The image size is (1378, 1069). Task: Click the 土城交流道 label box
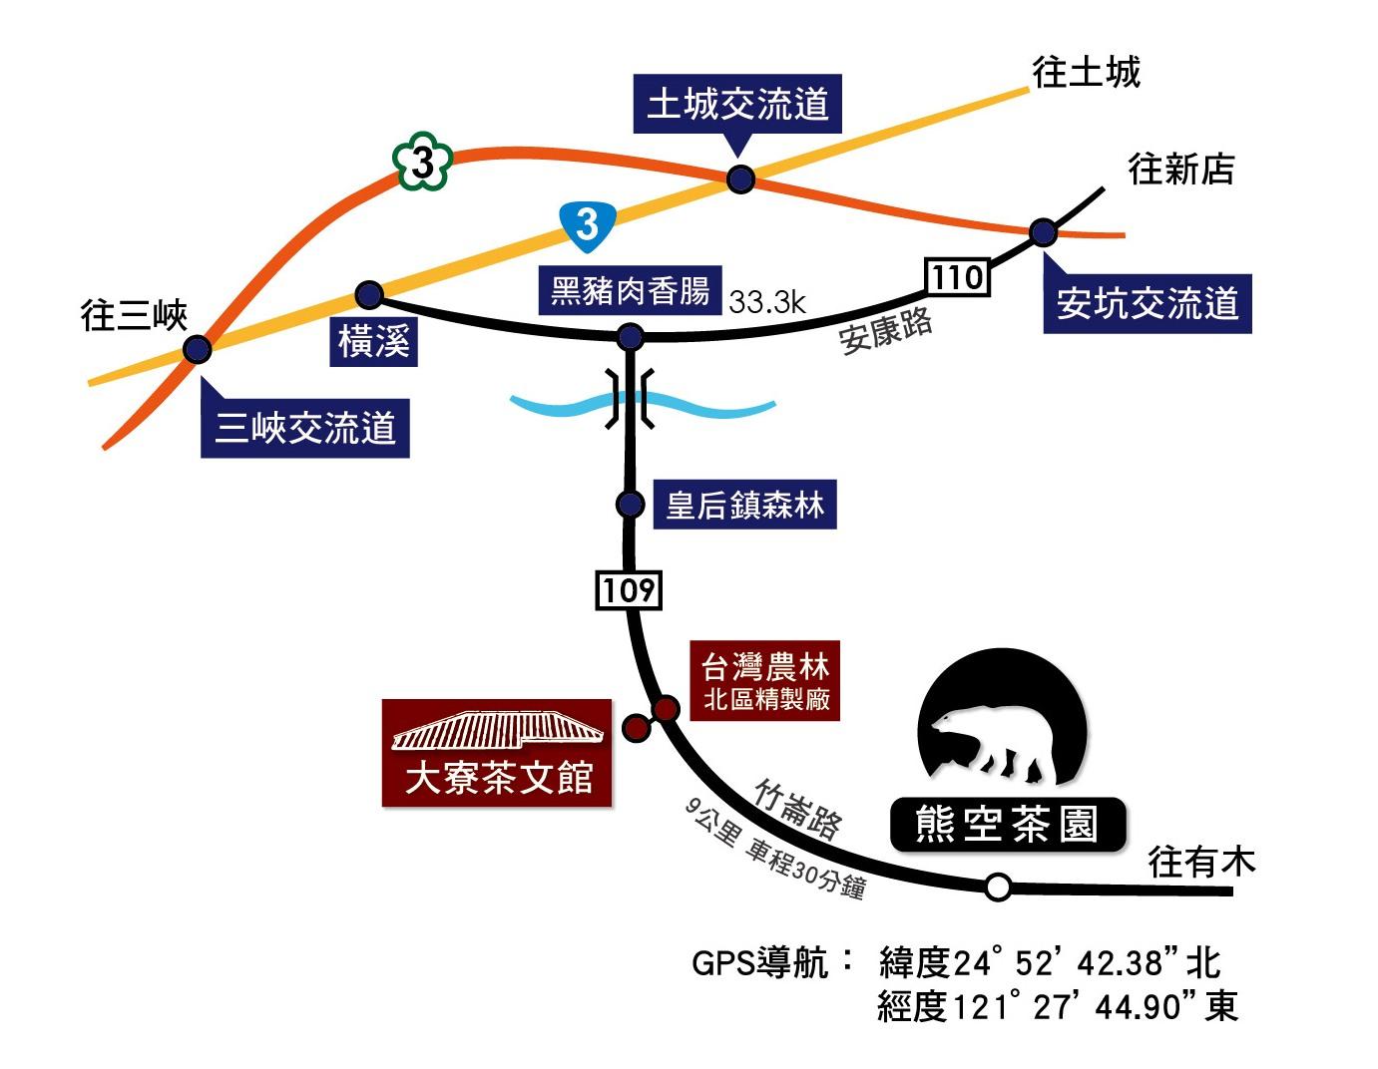click(x=737, y=104)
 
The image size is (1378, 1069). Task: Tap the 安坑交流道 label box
click(x=1147, y=303)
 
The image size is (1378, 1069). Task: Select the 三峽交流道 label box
click(x=305, y=429)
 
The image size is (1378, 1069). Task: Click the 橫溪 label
click(x=373, y=341)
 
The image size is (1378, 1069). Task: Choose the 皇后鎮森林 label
click(x=744, y=505)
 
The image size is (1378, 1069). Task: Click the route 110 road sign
click(x=958, y=276)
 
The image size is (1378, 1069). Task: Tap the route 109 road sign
click(x=629, y=590)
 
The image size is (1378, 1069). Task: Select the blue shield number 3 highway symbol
click(x=588, y=222)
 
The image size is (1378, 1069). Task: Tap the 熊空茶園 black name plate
click(x=1008, y=825)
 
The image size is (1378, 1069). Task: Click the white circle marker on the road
click(x=998, y=887)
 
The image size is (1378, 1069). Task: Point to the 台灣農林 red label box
click(x=765, y=680)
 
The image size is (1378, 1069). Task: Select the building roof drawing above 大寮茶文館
click(x=497, y=730)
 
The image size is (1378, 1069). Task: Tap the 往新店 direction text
click(x=1180, y=169)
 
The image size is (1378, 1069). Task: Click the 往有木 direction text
click(x=1201, y=861)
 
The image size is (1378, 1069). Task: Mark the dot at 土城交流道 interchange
click(x=740, y=179)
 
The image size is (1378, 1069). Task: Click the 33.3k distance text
click(x=766, y=301)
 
